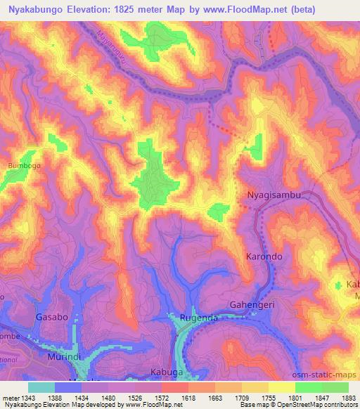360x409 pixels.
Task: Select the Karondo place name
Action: click(264, 257)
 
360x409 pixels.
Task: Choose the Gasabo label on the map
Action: click(53, 318)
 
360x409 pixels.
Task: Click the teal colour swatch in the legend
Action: click(41, 387)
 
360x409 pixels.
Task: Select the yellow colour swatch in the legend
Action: click(281, 387)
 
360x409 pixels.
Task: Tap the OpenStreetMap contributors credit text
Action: click(314, 405)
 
